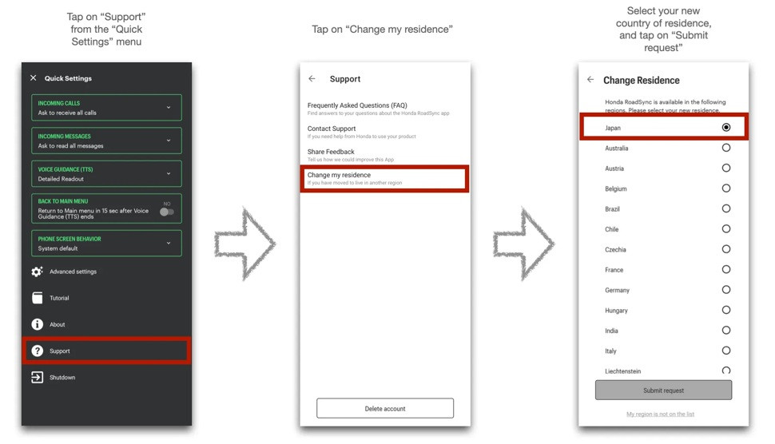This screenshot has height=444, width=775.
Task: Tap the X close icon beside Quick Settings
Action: [33, 78]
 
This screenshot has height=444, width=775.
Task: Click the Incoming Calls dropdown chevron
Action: [169, 107]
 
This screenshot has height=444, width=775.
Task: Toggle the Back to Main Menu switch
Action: [167, 212]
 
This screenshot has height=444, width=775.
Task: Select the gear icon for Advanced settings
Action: [37, 272]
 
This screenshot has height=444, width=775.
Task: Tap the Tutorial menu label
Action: [59, 299]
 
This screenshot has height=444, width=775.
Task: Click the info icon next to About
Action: [37, 324]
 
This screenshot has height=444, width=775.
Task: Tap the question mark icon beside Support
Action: [37, 351]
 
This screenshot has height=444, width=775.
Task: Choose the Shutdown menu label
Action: [62, 378]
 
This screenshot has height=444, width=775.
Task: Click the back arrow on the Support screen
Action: [312, 78]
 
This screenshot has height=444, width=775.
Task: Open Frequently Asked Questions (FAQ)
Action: [357, 105]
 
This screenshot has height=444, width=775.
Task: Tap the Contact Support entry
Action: [332, 129]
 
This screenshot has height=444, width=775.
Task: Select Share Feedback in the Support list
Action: [331, 152]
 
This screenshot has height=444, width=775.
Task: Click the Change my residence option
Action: [339, 175]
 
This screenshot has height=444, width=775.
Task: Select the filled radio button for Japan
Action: [726, 128]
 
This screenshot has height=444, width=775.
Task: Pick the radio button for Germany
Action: [726, 290]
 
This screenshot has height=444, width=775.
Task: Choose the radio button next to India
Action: [726, 331]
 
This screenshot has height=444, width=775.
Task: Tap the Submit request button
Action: [663, 390]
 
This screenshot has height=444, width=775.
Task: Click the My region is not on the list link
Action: [660, 414]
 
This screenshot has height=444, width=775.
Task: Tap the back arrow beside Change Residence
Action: [590, 79]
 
